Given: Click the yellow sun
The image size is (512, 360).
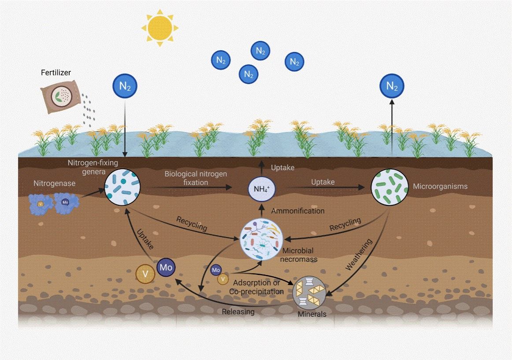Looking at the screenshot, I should click(x=160, y=27).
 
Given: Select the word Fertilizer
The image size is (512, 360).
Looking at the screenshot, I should click(x=56, y=73).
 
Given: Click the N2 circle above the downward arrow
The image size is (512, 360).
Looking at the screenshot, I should click(x=125, y=86).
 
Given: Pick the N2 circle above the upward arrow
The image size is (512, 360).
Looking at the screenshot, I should click(x=392, y=86).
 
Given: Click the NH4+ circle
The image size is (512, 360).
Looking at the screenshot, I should click(x=261, y=189).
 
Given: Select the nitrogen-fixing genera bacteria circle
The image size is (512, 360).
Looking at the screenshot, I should click(x=122, y=187).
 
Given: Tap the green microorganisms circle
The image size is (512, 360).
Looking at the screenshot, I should click(x=389, y=187).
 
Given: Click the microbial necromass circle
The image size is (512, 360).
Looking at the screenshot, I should click(x=260, y=238).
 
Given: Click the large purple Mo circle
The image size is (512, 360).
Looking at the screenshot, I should click(x=166, y=267).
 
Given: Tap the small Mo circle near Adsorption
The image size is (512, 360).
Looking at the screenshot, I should click(x=216, y=270).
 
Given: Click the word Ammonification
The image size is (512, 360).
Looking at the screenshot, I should click(x=297, y=211).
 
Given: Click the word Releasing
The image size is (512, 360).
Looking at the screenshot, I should click(x=238, y=312).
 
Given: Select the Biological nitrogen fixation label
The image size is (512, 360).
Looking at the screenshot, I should click(x=196, y=178).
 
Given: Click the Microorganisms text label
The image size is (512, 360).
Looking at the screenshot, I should click(x=440, y=186).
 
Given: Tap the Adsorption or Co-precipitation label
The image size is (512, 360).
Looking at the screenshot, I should click(x=256, y=286).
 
